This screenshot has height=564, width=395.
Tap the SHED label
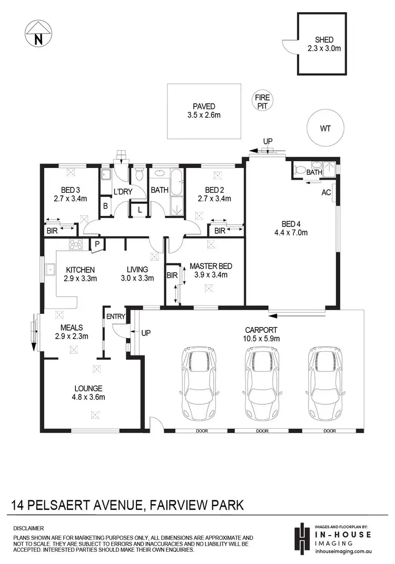324,40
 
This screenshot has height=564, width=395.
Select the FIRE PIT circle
262,101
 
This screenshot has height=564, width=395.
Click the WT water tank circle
324,128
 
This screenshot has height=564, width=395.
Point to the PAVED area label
203,106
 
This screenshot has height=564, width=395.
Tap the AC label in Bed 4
326,193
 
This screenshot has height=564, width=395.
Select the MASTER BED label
211,266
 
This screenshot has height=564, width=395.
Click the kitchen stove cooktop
76,243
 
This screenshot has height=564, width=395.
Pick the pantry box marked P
97,244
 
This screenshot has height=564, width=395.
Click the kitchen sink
52,270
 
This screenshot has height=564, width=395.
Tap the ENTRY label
115,316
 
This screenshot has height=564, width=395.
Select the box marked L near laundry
139,210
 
